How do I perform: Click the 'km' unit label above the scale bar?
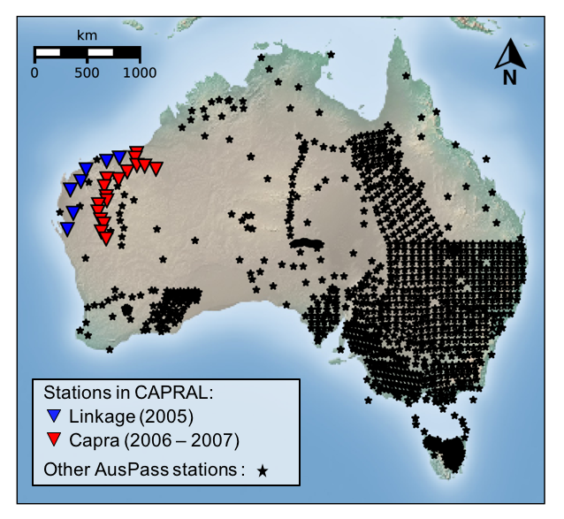coord(87,35)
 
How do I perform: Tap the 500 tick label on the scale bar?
coord(87,73)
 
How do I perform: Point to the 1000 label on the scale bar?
coord(139,73)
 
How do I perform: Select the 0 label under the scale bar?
coord(34,73)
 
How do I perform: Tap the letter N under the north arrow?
coord(510,78)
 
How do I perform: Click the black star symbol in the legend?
coord(263,471)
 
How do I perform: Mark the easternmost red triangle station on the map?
coord(156,168)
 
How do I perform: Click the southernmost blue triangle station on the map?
coord(67,229)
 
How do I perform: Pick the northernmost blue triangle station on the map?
coord(118,156)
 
